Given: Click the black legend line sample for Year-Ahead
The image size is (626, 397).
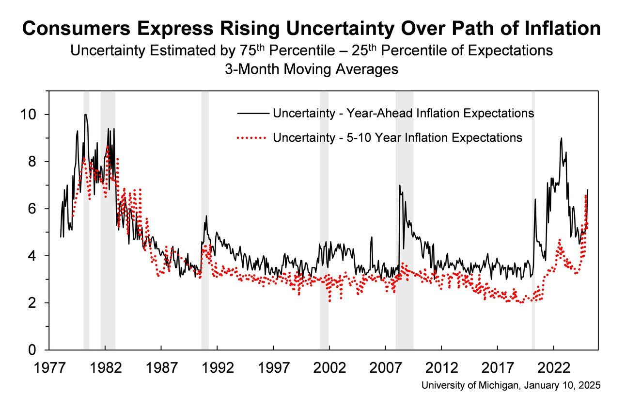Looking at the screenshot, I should click(x=252, y=113).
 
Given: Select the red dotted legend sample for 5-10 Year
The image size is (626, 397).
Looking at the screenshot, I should click(x=252, y=138).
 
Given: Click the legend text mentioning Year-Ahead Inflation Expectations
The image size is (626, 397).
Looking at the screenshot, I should click(x=403, y=113).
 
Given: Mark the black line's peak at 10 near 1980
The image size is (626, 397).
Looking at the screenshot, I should click(x=86, y=115).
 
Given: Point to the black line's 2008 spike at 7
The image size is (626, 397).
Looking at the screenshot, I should click(x=400, y=185).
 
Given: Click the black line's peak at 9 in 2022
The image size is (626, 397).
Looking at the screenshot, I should click(x=561, y=138).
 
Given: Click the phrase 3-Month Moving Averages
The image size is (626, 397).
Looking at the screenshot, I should click(x=311, y=69).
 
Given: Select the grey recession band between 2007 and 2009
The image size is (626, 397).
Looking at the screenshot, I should click(x=404, y=218).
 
